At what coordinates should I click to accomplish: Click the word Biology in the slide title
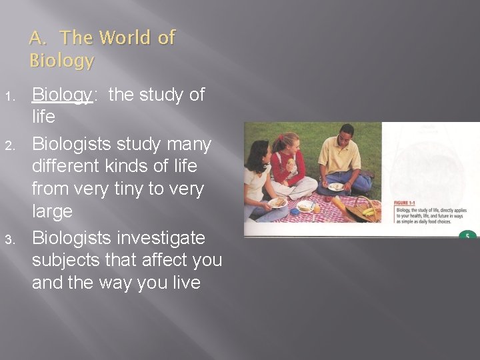point(62,61)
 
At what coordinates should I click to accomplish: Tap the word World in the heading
point(123,38)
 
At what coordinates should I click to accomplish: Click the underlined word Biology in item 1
point(62,95)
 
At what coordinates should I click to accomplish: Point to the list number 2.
point(10,145)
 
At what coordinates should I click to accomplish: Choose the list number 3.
point(10,239)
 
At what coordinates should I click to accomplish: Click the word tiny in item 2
point(129,189)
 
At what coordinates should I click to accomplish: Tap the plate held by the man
point(336,187)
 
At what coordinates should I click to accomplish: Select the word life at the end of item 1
point(44,117)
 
